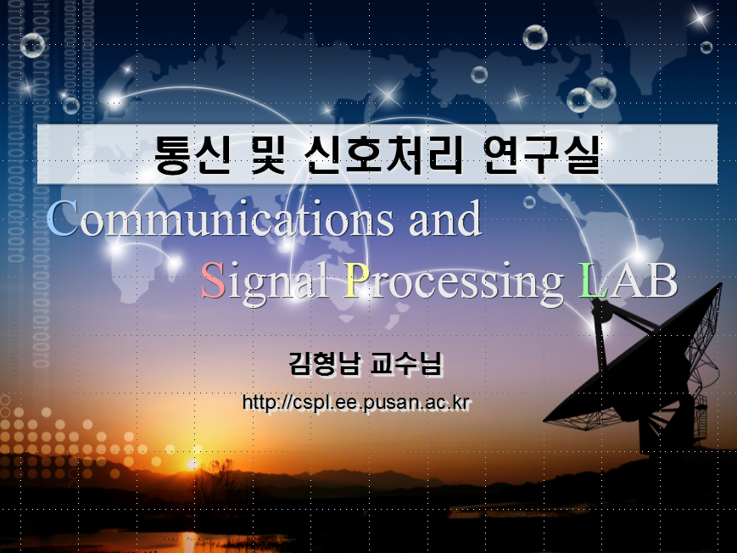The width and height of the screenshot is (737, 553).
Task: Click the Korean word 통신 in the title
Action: [x=193, y=154]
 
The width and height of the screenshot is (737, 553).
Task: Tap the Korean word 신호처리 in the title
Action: [x=383, y=154]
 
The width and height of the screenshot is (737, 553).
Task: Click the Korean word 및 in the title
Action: [x=268, y=154]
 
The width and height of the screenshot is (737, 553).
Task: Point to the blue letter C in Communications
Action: [x=63, y=218]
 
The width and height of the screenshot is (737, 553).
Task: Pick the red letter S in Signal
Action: [x=214, y=280]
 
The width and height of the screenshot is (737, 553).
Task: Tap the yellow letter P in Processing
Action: [x=357, y=280]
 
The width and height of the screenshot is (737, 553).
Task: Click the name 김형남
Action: [x=326, y=365]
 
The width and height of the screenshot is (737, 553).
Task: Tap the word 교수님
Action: [x=406, y=365]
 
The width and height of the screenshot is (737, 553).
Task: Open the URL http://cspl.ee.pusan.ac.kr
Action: [x=356, y=403]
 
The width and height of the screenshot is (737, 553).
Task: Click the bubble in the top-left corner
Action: [x=32, y=45]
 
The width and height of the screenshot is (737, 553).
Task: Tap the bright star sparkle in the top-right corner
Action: [x=700, y=19]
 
